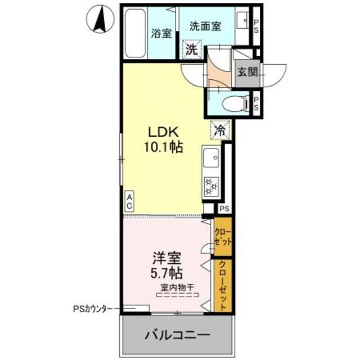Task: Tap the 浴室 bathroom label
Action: tap(161, 33)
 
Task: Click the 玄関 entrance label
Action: tap(246, 72)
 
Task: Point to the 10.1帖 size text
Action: tap(163, 148)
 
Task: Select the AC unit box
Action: tap(129, 201)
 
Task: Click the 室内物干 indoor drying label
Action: tap(177, 288)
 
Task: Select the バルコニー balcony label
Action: tap(177, 336)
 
